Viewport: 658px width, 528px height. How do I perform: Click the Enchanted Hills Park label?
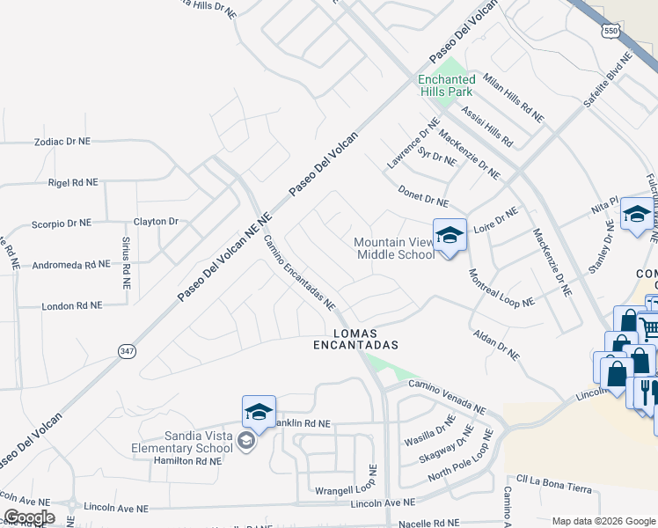point(446,85)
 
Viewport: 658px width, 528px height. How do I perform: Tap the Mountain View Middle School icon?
point(450,236)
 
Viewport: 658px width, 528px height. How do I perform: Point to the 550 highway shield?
point(610,31)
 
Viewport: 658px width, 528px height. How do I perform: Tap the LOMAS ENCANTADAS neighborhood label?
point(356,339)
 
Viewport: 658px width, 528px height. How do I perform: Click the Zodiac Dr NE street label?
point(62,141)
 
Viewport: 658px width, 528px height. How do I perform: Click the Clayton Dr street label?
point(156,221)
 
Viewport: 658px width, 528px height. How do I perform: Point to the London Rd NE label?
point(72,305)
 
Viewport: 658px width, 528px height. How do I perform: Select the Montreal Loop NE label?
point(501,288)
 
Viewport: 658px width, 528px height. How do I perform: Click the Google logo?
point(29,517)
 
